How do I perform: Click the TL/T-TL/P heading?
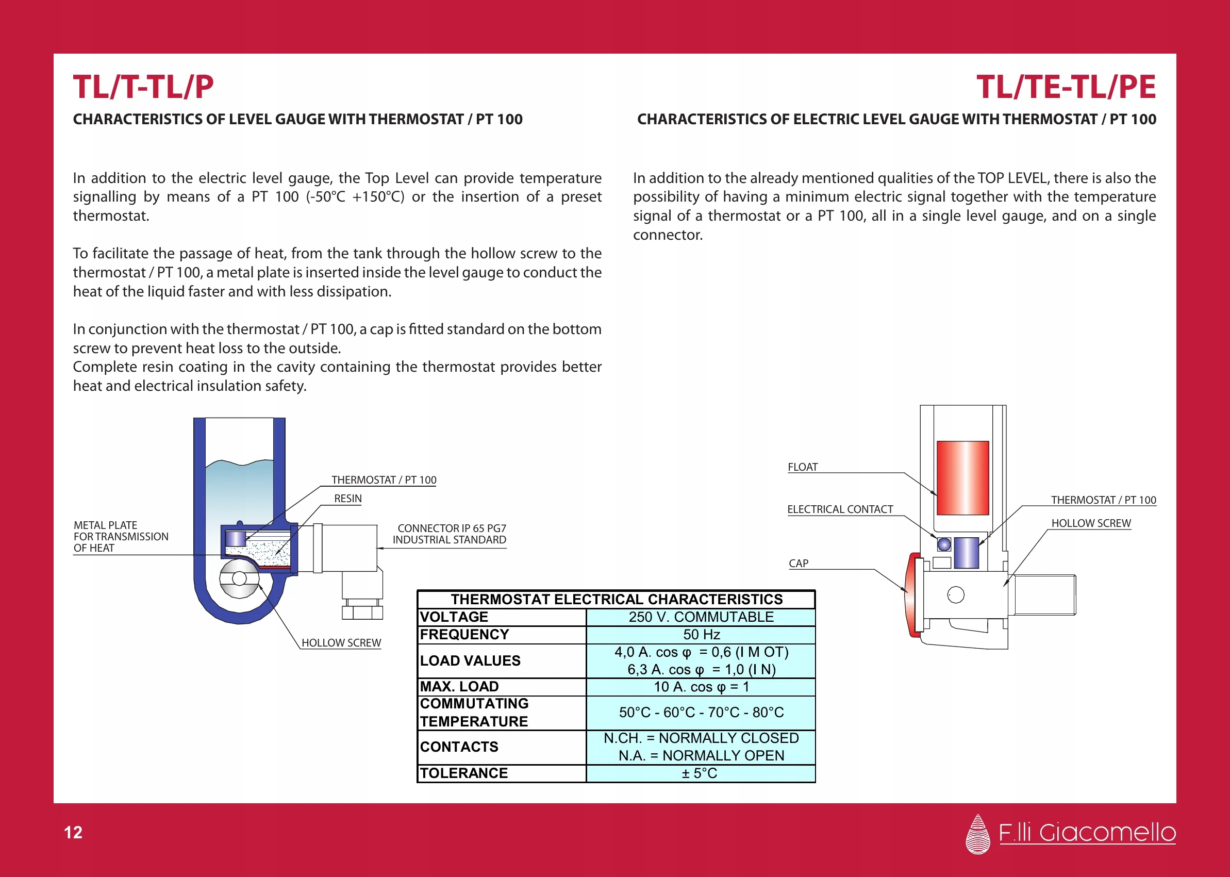pos(143,87)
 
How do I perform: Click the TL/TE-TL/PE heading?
pos(1066,87)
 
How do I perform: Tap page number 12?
pos(73,832)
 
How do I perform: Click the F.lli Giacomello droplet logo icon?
pos(977,834)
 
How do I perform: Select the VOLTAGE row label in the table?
pos(454,617)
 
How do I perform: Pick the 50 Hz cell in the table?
pos(701,635)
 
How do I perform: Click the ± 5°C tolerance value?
pos(700,773)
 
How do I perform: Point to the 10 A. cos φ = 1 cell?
pos(701,687)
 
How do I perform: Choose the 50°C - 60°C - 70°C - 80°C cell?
pos(701,713)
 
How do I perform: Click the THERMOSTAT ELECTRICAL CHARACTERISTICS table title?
pos(617,600)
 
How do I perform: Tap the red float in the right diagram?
pos(963,478)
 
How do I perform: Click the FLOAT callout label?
pos(802,467)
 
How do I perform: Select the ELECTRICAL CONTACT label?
pos(840,509)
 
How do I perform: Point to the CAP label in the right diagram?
pos(798,563)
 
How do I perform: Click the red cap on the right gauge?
pos(913,594)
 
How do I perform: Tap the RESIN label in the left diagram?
pos(348,499)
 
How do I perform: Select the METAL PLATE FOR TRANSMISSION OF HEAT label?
pos(121,536)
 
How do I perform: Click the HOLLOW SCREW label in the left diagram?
pos(341,642)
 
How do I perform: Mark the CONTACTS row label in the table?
pos(459,747)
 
